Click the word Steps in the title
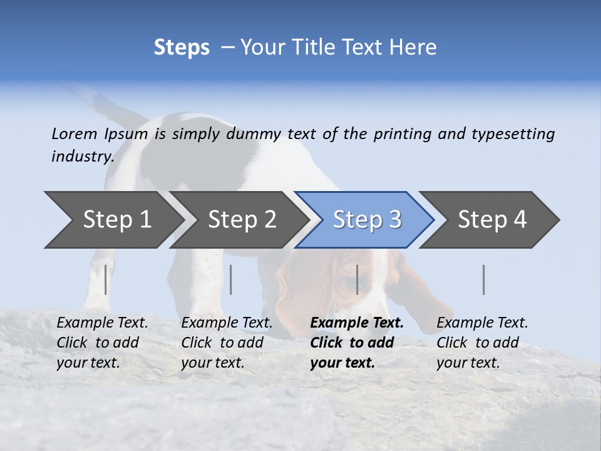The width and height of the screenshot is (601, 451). pos(182,48)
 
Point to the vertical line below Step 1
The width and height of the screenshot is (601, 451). pos(106,279)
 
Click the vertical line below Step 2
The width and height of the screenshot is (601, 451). pos(231,279)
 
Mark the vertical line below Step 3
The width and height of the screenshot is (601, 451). pos(357,279)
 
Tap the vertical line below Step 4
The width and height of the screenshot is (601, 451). pos(484,279)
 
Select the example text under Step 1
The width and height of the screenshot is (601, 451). pos(102,343)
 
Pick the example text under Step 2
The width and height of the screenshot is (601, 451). pos(227,343)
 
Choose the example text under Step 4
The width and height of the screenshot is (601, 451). pos(482,343)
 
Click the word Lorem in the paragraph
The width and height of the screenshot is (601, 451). pos(74,134)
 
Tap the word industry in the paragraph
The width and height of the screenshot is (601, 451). pos(82,157)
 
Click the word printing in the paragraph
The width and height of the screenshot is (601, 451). pos(403,134)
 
